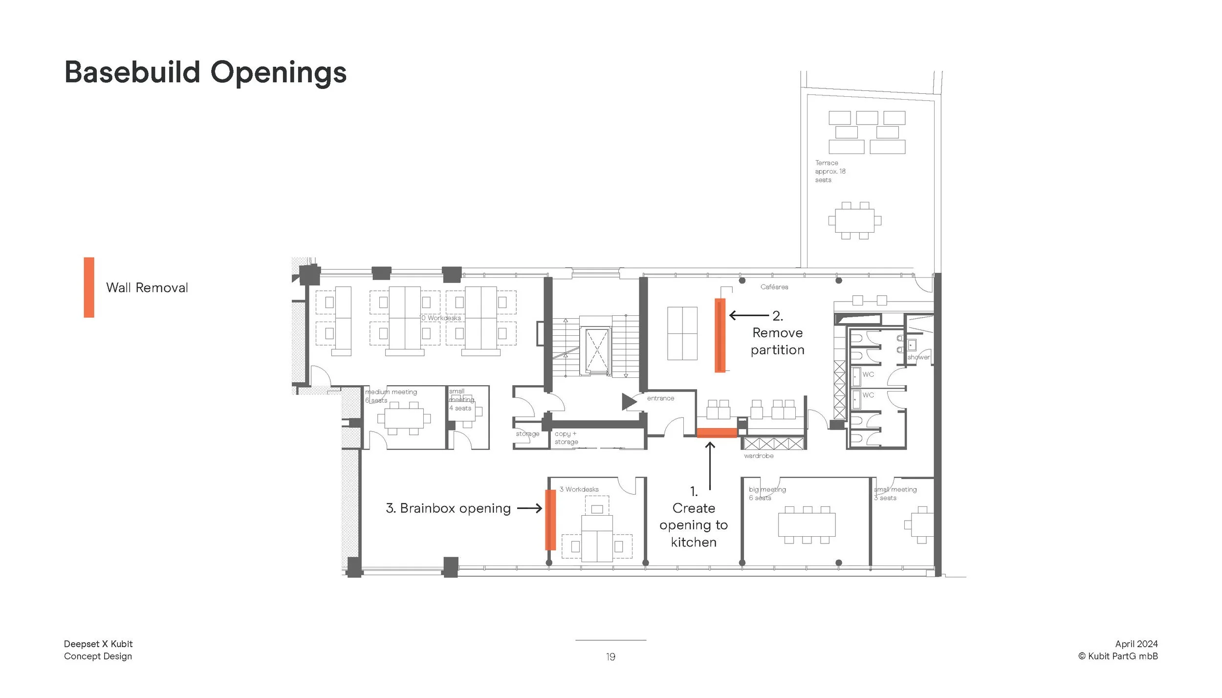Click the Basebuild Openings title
205,73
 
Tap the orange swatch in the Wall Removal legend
89,287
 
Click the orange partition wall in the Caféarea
720,335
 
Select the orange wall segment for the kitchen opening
717,433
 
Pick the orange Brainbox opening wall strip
550,520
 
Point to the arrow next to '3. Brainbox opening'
529,509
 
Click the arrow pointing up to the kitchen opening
710,466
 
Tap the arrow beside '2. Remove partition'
749,315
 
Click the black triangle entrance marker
629,402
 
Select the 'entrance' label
660,398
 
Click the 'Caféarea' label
774,287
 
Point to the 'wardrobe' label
759,456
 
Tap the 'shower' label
918,357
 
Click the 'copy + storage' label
566,438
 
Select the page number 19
611,657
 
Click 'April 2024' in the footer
1136,644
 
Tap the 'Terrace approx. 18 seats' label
830,172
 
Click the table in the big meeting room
807,524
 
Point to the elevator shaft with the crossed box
597,350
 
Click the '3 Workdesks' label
579,489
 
